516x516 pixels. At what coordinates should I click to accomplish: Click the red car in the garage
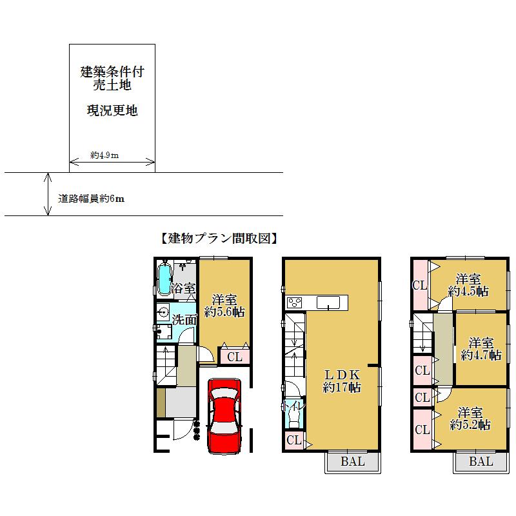(224, 416)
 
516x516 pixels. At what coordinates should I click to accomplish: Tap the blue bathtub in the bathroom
(164, 279)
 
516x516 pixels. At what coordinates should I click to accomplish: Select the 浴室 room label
(183, 288)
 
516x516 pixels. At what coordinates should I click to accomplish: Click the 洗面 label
(184, 319)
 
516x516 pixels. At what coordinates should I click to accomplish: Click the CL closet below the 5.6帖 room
(234, 356)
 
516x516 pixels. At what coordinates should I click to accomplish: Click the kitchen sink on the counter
(330, 303)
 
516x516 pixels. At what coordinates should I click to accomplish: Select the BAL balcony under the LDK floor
(352, 462)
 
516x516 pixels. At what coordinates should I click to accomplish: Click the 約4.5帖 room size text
(468, 291)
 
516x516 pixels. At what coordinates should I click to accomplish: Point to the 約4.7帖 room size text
(481, 354)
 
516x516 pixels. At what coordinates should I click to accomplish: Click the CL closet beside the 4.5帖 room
(420, 285)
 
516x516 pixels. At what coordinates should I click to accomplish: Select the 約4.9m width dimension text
(104, 155)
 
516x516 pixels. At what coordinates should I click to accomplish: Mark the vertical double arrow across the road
(47, 193)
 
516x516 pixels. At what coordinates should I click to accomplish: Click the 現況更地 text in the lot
(112, 110)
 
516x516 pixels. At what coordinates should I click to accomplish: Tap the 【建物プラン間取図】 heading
(218, 238)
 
